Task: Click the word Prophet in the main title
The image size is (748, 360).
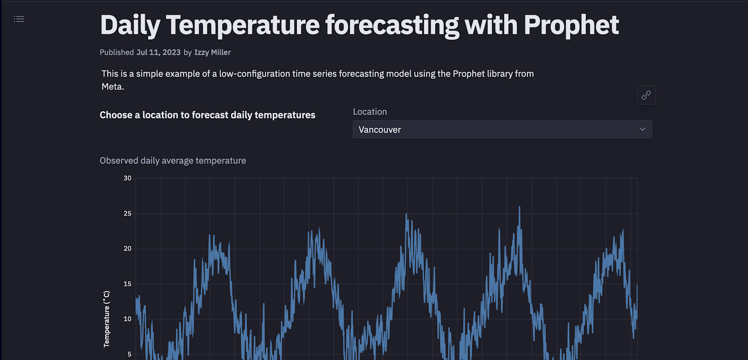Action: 571,25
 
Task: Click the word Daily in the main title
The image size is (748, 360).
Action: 130,25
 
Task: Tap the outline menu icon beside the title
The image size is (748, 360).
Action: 19,19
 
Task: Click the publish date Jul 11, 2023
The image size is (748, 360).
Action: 158,52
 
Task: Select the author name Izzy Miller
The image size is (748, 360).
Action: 212,52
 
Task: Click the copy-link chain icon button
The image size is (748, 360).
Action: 646,95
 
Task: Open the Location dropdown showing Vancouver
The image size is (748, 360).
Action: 502,129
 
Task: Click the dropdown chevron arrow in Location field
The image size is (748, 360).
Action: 642,129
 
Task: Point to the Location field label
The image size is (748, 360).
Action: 370,112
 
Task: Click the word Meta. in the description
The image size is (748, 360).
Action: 113,87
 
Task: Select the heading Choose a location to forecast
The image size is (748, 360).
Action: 207,115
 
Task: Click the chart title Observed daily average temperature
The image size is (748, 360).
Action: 173,161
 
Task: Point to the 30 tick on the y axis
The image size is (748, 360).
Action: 127,178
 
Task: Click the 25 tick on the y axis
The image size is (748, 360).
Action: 127,214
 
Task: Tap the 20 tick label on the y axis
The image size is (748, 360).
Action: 127,249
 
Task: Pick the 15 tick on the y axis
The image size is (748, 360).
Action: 127,284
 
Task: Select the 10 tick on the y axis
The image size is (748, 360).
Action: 127,319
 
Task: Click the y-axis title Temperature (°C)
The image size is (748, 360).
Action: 106,319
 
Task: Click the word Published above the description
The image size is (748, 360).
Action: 116,52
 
